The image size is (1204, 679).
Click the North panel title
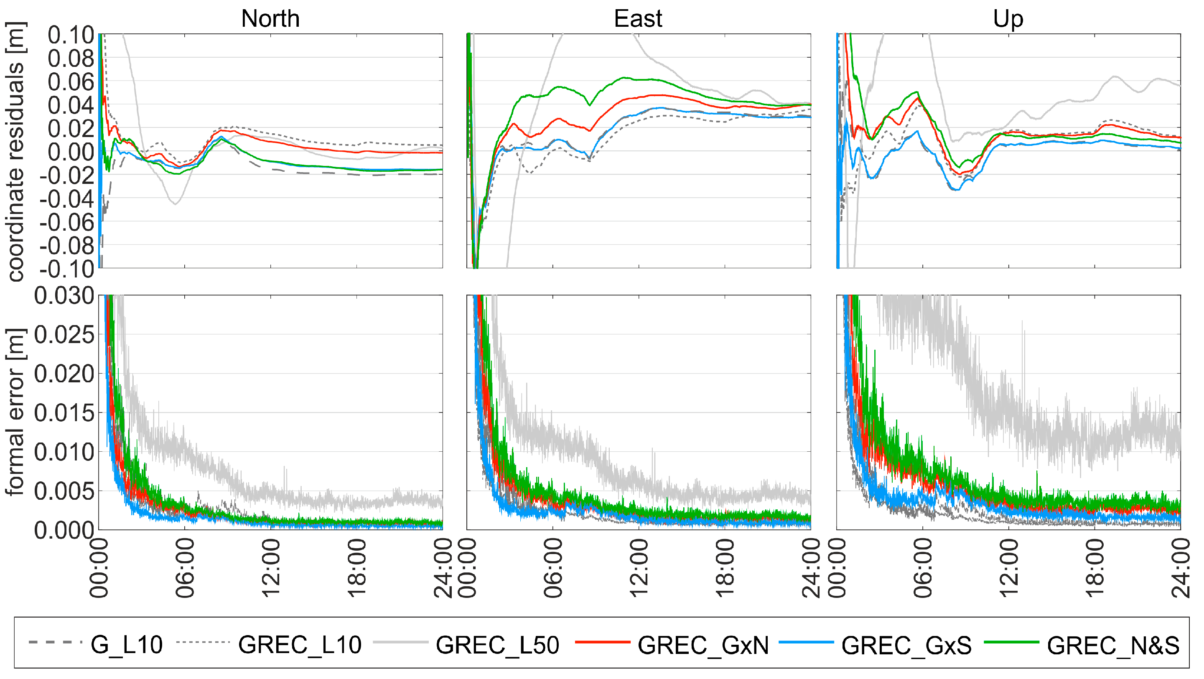[270, 19]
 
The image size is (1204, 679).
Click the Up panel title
[1008, 20]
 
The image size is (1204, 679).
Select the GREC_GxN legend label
[703, 645]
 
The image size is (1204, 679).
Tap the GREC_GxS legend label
[906, 645]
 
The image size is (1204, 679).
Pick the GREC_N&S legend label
[1113, 645]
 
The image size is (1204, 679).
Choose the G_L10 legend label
[126, 645]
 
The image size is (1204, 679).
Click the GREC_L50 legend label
[497, 645]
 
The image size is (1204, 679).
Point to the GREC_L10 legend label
[300, 645]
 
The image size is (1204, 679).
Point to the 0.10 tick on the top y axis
[71, 36]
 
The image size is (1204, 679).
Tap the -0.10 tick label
[67, 269]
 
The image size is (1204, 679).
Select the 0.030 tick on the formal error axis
[64, 296]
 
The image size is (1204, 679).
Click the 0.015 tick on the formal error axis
[64, 413]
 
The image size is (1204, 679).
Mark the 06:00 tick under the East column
[553, 567]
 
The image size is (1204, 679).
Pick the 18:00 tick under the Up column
[1094, 567]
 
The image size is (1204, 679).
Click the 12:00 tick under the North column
[271, 567]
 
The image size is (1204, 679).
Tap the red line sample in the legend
[603, 643]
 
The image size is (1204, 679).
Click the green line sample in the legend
[1011, 643]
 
